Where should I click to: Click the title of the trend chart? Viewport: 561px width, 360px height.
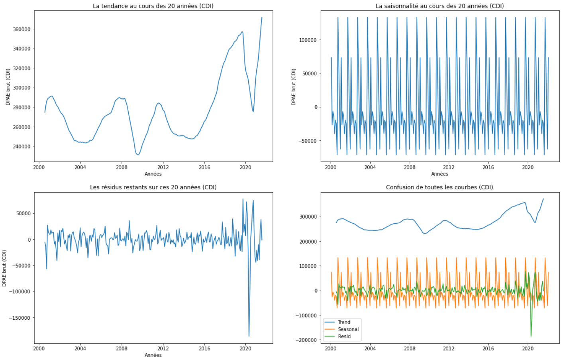pos(153,6)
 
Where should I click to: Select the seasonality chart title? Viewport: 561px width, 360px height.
pos(439,6)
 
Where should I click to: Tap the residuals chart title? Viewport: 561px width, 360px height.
pos(153,187)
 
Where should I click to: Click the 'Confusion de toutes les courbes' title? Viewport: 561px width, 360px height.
pos(439,187)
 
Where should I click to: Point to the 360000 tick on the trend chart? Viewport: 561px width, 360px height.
pos(22,29)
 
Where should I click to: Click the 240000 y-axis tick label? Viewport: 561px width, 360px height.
pos(22,146)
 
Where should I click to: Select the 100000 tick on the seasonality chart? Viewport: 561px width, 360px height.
pos(308,40)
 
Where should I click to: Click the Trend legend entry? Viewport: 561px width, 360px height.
pos(344,322)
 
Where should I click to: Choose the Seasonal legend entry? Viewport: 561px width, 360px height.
pos(348,329)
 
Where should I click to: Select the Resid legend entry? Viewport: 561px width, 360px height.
pos(344,336)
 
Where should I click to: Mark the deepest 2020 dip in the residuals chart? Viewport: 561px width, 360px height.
pos(249,336)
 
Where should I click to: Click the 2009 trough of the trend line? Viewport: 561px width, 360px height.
pos(137,155)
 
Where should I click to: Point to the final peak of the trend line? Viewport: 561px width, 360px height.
pos(262,17)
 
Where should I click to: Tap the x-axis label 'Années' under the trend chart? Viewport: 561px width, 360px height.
pos(153,174)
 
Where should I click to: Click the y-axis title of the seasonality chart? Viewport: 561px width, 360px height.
pos(294,87)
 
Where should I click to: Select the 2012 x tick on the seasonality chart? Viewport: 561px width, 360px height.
pos(449,167)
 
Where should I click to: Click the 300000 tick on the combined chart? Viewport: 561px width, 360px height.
pos(308,217)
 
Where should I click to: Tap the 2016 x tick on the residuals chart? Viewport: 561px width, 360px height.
pos(204,348)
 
